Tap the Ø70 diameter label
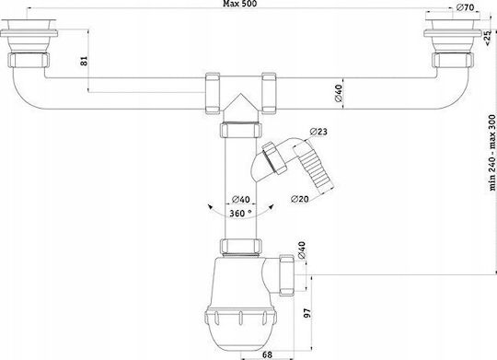466,7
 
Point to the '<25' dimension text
488,38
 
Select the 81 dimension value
84,61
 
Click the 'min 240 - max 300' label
491,153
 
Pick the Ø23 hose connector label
318,132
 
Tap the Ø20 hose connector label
300,199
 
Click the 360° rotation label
241,213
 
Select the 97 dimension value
307,312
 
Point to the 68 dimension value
267,354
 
